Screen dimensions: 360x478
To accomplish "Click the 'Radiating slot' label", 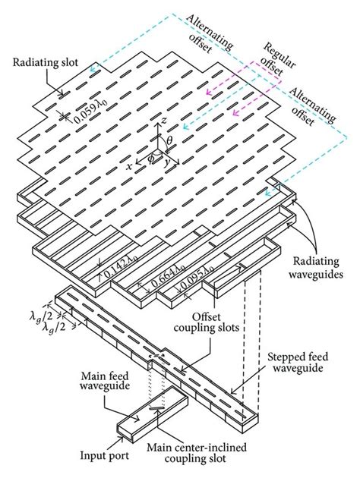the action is coord(46,62).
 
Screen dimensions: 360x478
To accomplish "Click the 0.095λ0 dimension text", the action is coord(197,275).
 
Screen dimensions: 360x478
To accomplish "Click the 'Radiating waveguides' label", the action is coord(316,268).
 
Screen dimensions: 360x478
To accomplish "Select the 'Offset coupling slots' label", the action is coord(207,322).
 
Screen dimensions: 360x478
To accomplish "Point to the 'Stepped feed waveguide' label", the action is coord(298,362).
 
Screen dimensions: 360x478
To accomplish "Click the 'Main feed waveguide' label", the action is coord(105,380).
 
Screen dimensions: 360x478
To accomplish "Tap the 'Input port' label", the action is coord(104,455).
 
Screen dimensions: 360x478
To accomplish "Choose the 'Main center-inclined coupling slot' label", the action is coord(197,453).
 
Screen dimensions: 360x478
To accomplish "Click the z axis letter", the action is coord(164,121).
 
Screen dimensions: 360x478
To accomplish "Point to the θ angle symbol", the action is coord(169,140).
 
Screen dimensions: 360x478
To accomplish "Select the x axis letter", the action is coord(130,166).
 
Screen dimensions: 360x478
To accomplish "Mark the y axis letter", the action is coord(166,163).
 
